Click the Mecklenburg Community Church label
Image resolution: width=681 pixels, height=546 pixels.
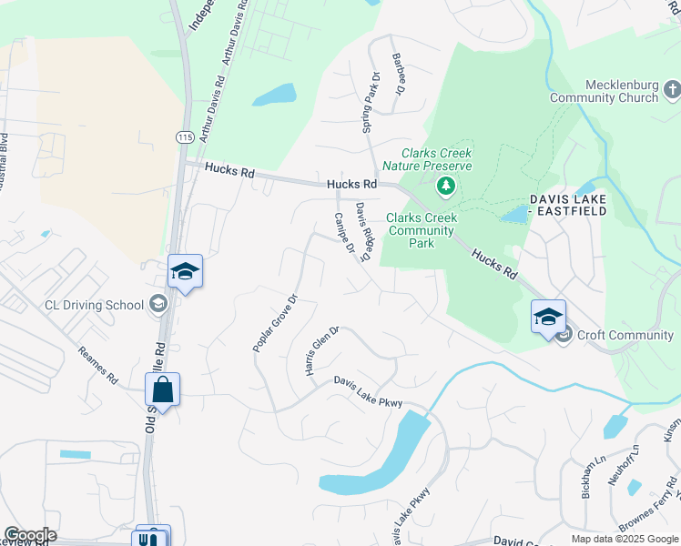coord(610,91)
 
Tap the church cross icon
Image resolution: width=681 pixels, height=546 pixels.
coord(672,89)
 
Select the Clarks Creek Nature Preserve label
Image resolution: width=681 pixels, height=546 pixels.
coord(427,159)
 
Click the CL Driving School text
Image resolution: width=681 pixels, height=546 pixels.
coord(94,305)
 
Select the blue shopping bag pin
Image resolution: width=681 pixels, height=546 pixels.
coord(162,390)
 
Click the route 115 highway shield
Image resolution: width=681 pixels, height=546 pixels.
coord(186,136)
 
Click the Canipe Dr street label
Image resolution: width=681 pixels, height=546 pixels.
coord(342,234)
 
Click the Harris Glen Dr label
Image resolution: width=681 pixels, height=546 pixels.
coord(321,351)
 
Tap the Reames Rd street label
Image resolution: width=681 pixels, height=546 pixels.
coord(97,364)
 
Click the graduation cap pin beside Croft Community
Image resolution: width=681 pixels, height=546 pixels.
coord(548,318)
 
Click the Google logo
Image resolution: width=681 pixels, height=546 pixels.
coord(30,535)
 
